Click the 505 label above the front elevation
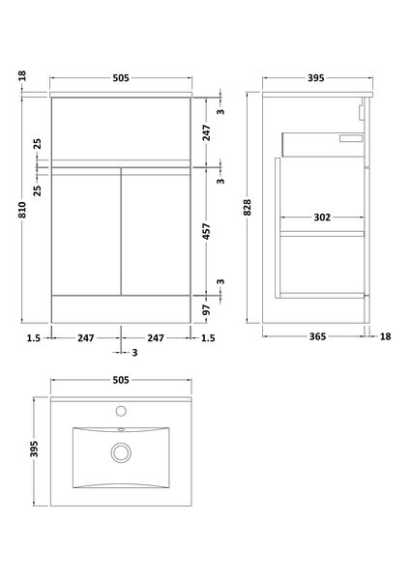pyautogui.click(x=121, y=78)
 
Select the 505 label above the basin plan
pyautogui.click(x=121, y=381)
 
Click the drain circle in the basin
pyautogui.click(x=121, y=450)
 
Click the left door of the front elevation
pyautogui.click(x=86, y=230)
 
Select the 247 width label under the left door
pyautogui.click(x=86, y=336)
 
